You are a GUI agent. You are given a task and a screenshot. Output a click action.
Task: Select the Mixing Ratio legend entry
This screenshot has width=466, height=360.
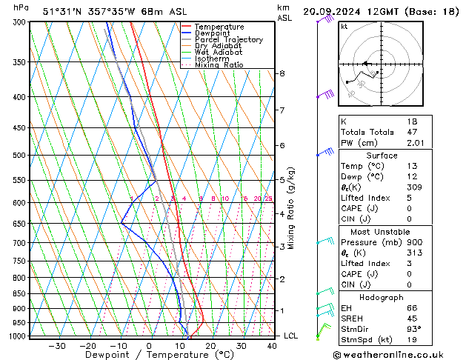pos(219,65)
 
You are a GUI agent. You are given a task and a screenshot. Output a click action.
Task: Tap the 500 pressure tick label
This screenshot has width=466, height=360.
pos(18,156)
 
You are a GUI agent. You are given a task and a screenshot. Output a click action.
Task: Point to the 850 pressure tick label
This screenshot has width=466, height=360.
pos(18,293)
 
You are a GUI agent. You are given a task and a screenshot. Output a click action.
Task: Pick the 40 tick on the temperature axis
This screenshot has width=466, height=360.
pos(273,346)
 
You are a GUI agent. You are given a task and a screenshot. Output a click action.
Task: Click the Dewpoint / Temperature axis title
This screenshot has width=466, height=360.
pos(150,355)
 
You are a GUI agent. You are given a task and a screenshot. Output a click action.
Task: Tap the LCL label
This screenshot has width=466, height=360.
pos(292,336)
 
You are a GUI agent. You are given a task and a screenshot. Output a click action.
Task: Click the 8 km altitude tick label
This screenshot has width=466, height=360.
pos(282,73)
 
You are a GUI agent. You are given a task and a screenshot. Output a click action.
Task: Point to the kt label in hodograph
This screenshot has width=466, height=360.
pos(344,27)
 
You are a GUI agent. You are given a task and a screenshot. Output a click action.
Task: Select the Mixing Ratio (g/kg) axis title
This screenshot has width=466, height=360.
pos(292,208)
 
